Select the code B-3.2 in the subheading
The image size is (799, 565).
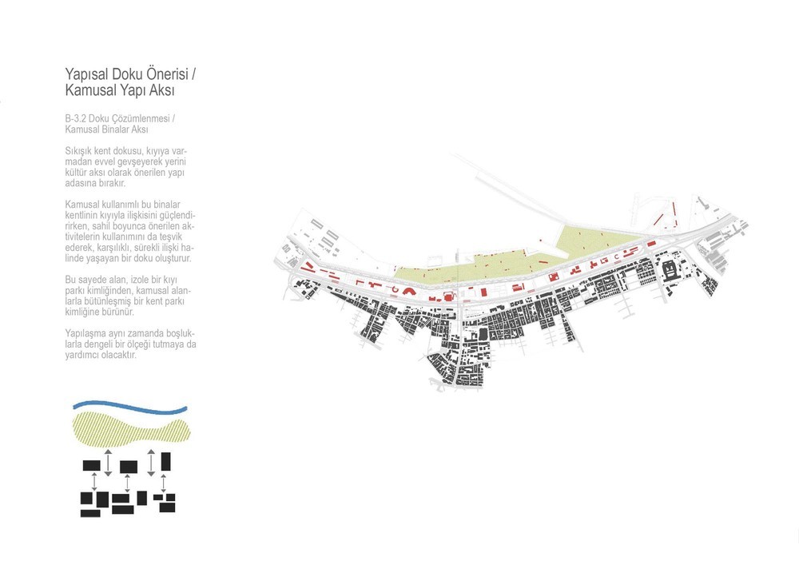(75, 118)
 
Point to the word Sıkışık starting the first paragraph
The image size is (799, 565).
(78, 151)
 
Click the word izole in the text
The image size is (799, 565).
(133, 280)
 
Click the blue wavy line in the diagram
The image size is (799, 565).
(130, 406)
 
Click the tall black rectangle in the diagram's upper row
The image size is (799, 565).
(165, 462)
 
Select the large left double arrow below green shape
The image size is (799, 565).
(108, 463)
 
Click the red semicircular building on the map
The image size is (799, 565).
(409, 291)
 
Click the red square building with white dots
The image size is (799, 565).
(448, 296)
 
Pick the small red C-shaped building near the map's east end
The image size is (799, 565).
(617, 256)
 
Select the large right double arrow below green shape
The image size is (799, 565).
(151, 463)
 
